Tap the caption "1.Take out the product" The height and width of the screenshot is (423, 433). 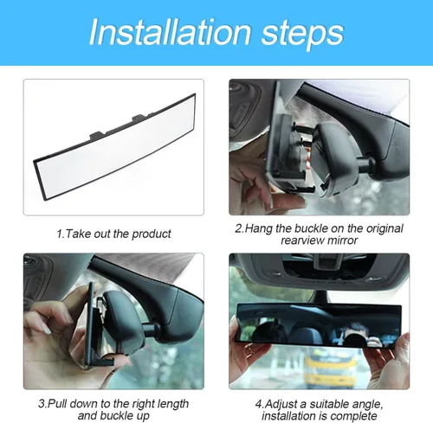113,234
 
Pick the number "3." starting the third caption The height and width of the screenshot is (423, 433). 42,402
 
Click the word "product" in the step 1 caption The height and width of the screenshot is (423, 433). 152,234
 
